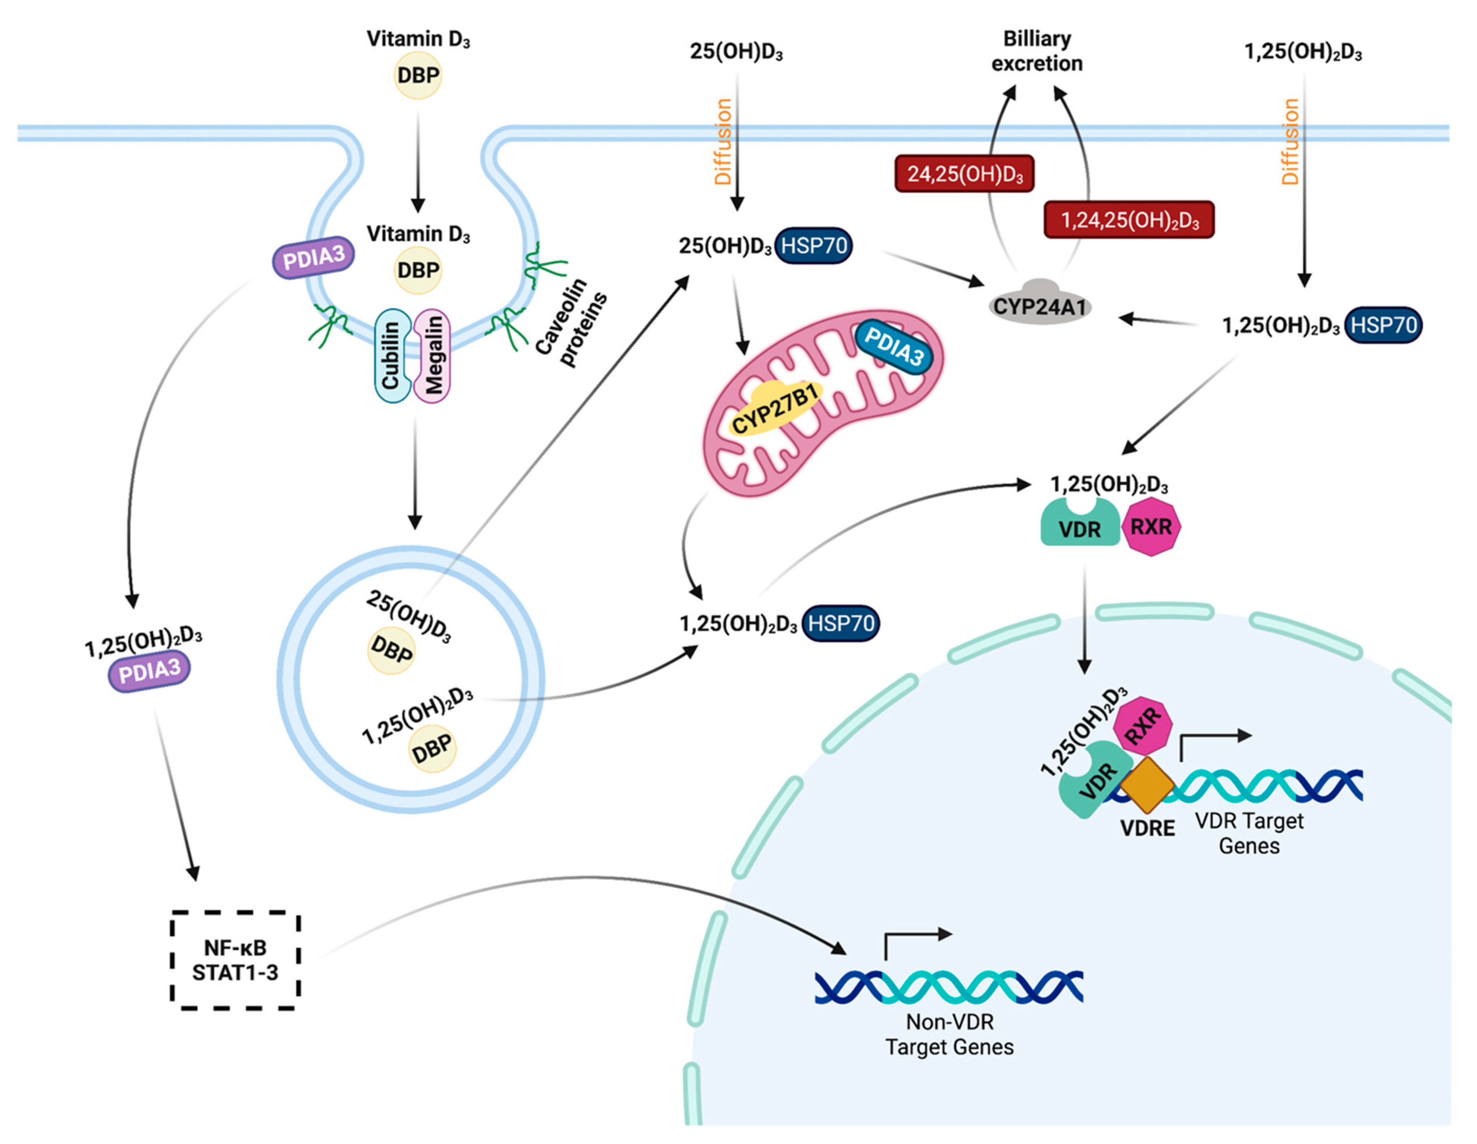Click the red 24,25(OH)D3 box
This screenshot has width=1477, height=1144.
tap(965, 174)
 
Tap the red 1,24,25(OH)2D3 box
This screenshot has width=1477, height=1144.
tap(1129, 220)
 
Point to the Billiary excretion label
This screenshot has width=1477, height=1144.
tap(1037, 51)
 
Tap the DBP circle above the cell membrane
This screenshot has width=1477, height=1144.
tap(418, 75)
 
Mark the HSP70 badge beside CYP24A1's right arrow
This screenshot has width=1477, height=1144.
tap(1383, 325)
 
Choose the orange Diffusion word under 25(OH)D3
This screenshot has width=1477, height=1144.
tap(723, 142)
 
